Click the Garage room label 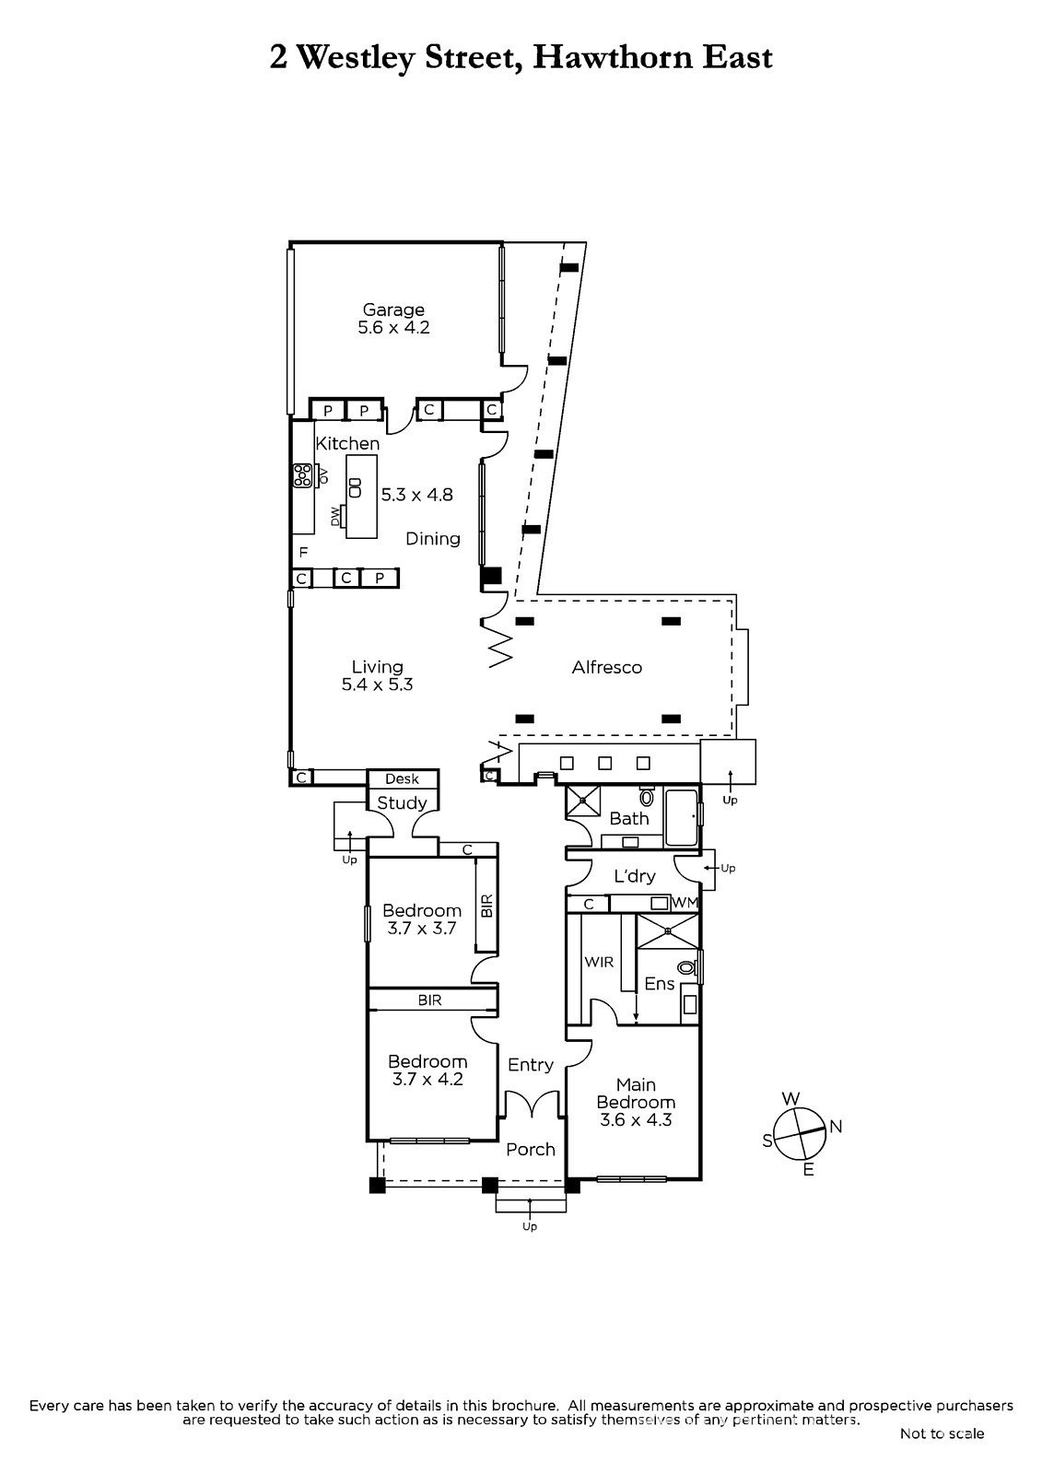click(393, 310)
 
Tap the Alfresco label click(606, 667)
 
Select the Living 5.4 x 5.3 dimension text click(377, 684)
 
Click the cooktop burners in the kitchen click(303, 475)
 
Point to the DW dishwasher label click(335, 517)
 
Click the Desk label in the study click(403, 778)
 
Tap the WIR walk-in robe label click(599, 962)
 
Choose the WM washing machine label click(685, 903)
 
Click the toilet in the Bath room click(647, 796)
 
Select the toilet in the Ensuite click(686, 967)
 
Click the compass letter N click(836, 1128)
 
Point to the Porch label click(531, 1150)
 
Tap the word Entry click(531, 1065)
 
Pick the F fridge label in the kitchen click(303, 552)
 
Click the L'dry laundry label click(635, 876)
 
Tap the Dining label click(432, 539)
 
